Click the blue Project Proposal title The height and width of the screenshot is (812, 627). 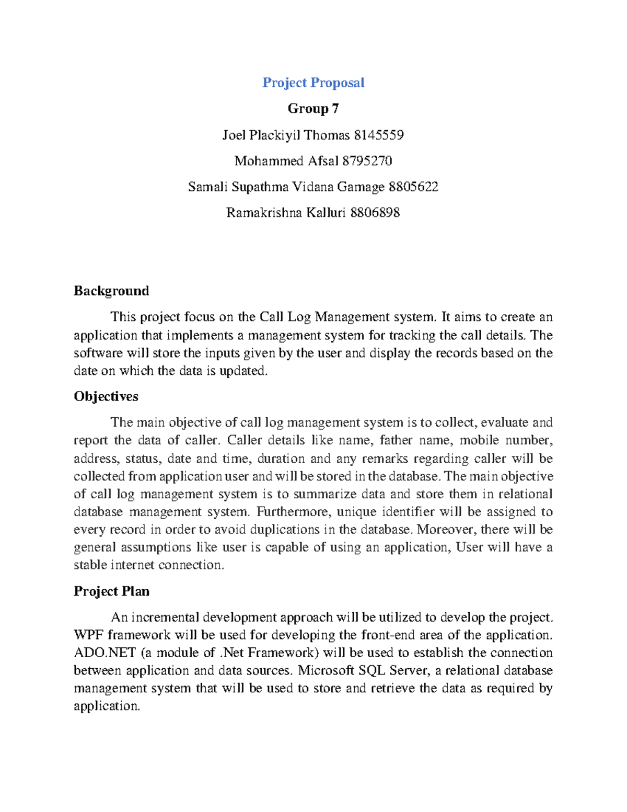click(313, 83)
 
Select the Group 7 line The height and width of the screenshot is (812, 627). click(313, 109)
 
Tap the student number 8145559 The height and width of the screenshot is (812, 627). click(378, 135)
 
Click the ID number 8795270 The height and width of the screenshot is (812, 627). click(367, 161)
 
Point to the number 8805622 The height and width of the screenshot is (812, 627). click(413, 187)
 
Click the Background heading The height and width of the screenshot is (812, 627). click(111, 291)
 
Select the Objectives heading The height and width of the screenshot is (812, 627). click(106, 396)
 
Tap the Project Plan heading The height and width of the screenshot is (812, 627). click(111, 591)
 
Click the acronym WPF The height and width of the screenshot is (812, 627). click(85, 635)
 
